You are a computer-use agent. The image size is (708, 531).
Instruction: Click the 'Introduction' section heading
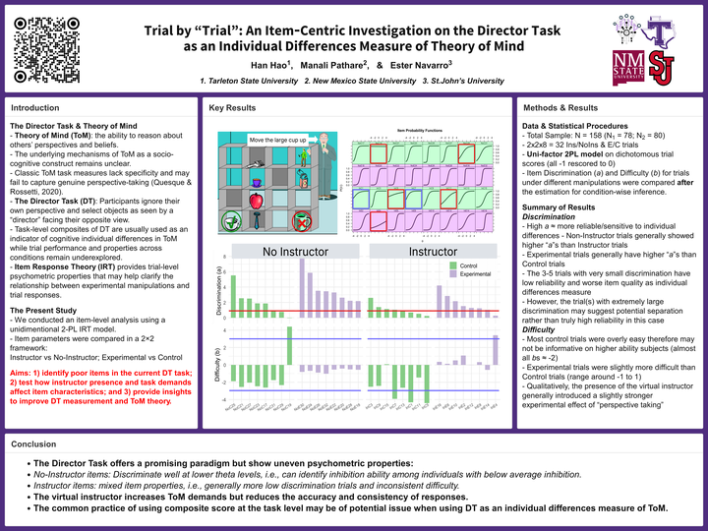[33, 107]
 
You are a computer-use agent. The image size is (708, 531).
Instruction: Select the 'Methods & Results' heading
[560, 107]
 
